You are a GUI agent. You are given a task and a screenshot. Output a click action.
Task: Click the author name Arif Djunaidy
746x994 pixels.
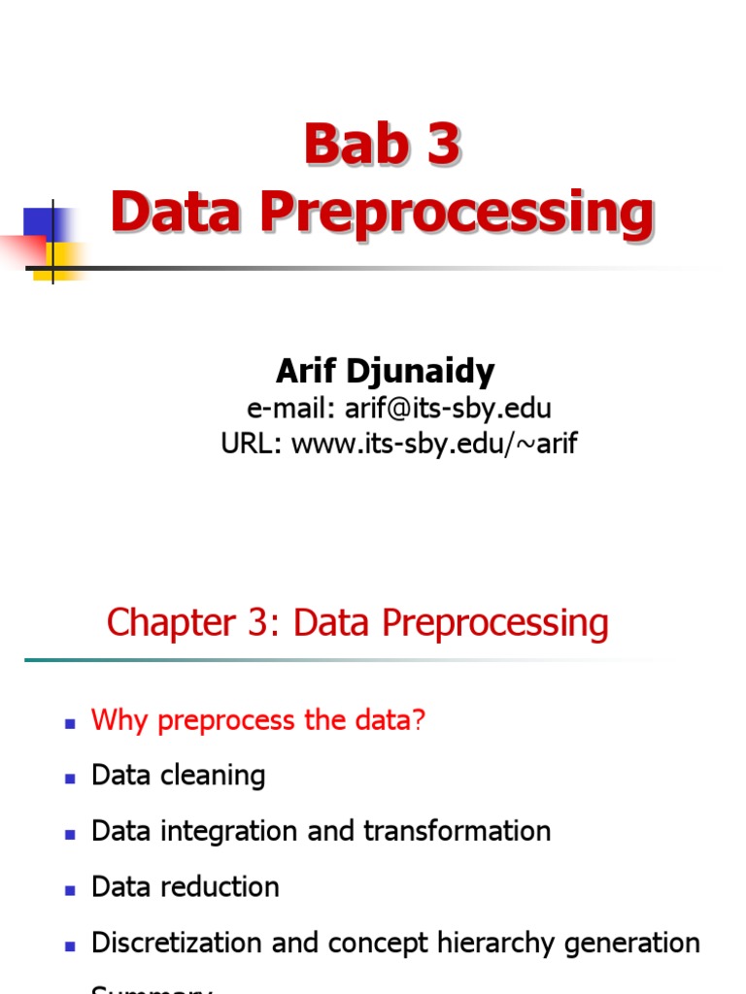(385, 371)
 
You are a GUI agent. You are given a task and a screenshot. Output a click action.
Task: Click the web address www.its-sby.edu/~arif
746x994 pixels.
(434, 445)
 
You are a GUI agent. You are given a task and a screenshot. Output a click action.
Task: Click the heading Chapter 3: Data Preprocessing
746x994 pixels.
(357, 623)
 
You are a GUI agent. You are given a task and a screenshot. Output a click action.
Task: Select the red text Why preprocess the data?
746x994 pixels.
(258, 720)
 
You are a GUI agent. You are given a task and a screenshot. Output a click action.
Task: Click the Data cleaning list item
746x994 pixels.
(178, 776)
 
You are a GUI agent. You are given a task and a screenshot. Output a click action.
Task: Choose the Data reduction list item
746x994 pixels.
(185, 887)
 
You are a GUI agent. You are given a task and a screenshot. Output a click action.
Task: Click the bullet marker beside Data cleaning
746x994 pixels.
(70, 779)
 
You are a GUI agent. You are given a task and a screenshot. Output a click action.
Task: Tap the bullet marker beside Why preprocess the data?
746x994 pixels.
(70, 723)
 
